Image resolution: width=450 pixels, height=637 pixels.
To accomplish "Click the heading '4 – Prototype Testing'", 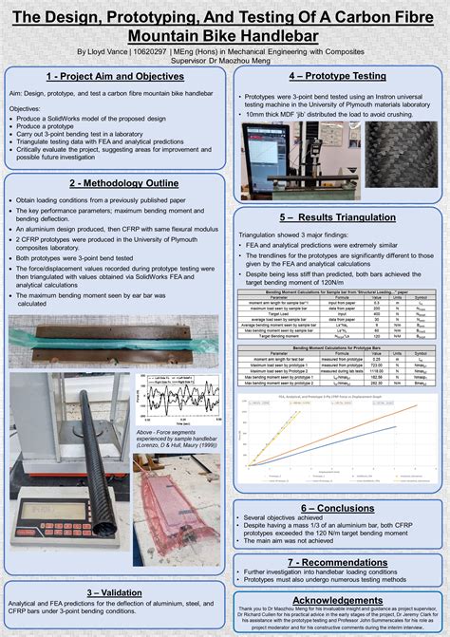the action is [x=337, y=75].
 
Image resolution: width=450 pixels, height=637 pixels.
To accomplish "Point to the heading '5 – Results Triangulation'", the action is [x=337, y=217].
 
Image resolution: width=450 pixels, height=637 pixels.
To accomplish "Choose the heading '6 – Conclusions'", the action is [x=337, y=508].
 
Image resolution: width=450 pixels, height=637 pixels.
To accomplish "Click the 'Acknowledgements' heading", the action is [x=337, y=600].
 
